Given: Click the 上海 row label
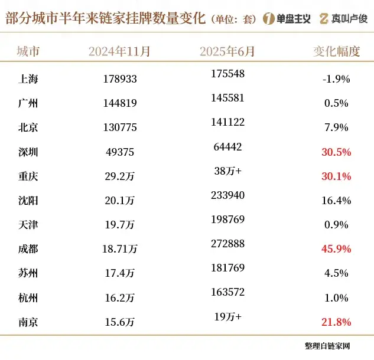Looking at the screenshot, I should [28, 78].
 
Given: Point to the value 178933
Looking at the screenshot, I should [118, 78].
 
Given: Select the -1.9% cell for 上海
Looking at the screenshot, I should [336, 78].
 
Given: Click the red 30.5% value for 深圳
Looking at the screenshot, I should [336, 152].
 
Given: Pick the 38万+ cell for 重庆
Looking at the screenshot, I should [227, 171].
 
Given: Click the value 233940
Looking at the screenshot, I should [227, 195].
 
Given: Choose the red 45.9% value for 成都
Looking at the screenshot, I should [336, 249].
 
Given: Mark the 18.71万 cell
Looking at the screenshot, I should [118, 249].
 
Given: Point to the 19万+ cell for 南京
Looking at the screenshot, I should [227, 317].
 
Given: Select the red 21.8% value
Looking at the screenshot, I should [336, 322].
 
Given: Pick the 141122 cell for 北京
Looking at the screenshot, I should [227, 122].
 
